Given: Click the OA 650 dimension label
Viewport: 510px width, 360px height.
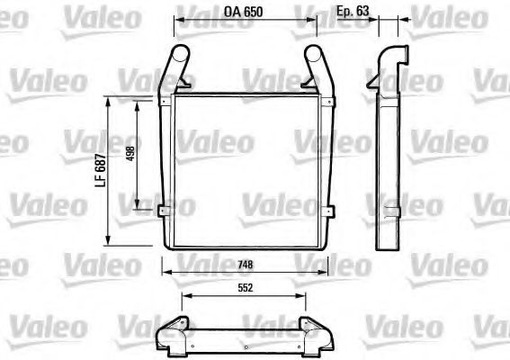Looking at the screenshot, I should pyautogui.click(x=245, y=13).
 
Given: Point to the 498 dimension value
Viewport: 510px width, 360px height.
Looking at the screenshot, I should pyautogui.click(x=131, y=154).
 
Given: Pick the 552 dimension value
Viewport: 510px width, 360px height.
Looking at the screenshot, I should pyautogui.click(x=244, y=289).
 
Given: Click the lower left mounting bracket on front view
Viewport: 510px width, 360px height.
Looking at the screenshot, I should pyautogui.click(x=164, y=211).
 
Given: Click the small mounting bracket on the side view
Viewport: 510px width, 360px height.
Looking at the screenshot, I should pyautogui.click(x=391, y=211).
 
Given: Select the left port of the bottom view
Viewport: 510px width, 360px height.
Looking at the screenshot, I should pyautogui.click(x=168, y=339).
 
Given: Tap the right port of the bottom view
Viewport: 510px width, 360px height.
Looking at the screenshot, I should pyautogui.click(x=320, y=339).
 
